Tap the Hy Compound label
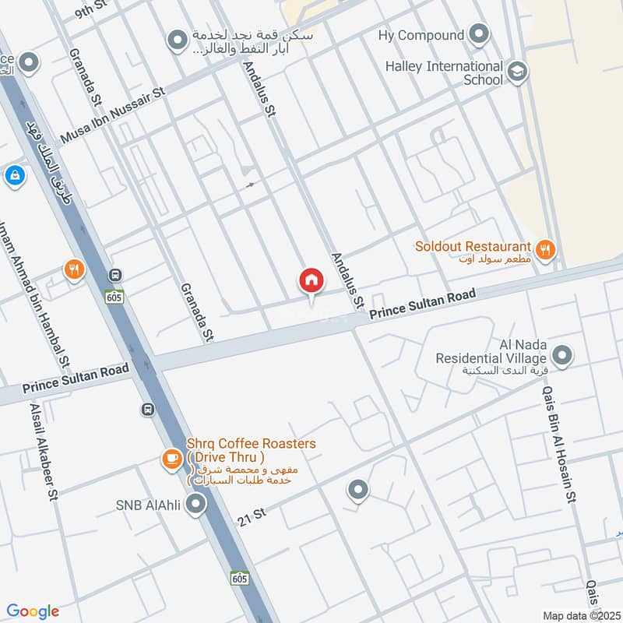pos(420,35)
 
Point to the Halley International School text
pos(444,72)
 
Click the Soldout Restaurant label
pos(473,246)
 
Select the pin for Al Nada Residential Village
pos(562,357)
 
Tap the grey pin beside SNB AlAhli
pos(196,506)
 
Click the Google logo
pos(33,611)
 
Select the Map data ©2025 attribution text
pos(581,615)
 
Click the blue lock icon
pos(15,177)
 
